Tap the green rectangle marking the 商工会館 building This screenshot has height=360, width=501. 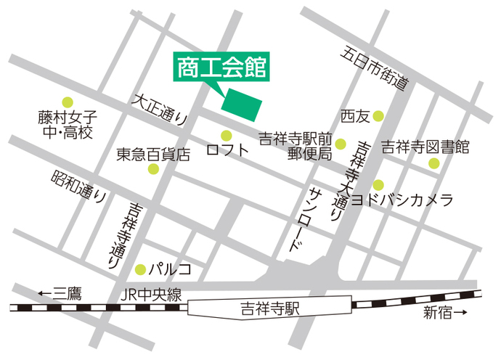(242, 106)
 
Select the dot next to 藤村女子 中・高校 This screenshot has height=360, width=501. (68, 102)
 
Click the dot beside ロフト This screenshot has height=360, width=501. (226, 135)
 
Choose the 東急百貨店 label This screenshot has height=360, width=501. (153, 154)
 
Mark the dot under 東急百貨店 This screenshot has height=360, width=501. (153, 169)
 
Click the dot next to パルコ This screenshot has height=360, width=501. (140, 269)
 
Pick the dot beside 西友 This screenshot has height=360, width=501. (378, 115)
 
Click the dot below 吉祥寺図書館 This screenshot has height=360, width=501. (433, 163)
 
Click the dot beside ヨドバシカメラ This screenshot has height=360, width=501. (378, 184)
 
